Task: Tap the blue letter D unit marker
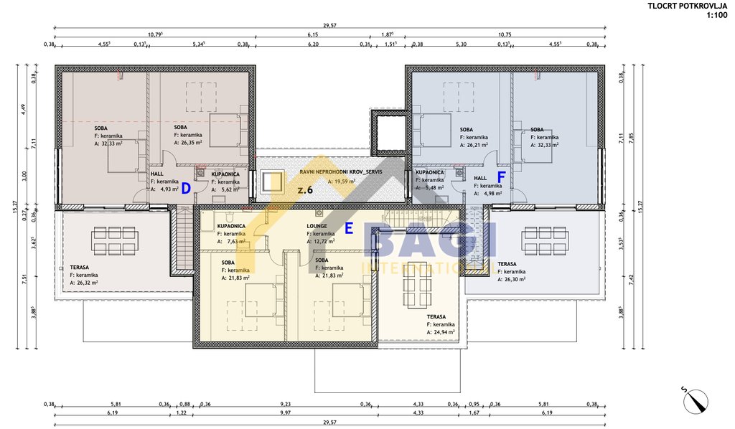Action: pyautogui.click(x=185, y=189)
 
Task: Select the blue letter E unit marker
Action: pyautogui.click(x=349, y=229)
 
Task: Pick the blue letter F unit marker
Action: pyautogui.click(x=502, y=176)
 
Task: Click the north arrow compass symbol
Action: pyautogui.click(x=693, y=398)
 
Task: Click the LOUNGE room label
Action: pyautogui.click(x=317, y=225)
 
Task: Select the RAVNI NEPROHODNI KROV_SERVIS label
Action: pyautogui.click(x=341, y=173)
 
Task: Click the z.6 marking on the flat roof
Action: pyautogui.click(x=306, y=190)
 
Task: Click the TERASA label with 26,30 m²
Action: pyautogui.click(x=508, y=264)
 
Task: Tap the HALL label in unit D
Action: pyautogui.click(x=157, y=174)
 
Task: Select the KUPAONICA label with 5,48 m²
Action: pyautogui.click(x=429, y=173)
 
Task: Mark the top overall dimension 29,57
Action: pyautogui.click(x=329, y=24)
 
